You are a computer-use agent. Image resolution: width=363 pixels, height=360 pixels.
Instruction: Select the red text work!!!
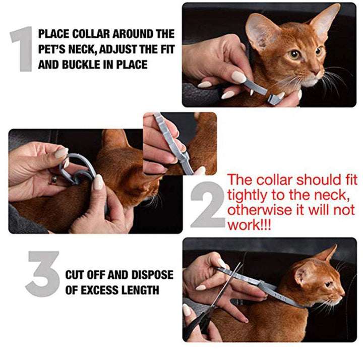249,225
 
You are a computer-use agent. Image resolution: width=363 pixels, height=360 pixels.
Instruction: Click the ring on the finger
52,179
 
